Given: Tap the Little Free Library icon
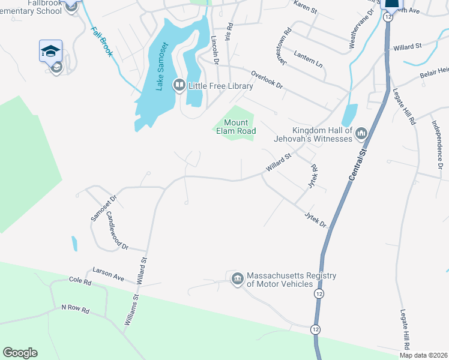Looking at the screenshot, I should tap(179, 86).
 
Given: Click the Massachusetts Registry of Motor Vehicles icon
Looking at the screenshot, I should tap(238, 279).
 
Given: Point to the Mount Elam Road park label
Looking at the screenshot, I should tap(236, 127).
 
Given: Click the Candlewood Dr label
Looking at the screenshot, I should tap(118, 230).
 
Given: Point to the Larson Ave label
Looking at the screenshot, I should tap(108, 275).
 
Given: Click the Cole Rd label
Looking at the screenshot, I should tap(80, 281).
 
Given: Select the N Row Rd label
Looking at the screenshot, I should tap(75, 310).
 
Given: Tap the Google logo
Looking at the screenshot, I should tap(20, 353).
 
